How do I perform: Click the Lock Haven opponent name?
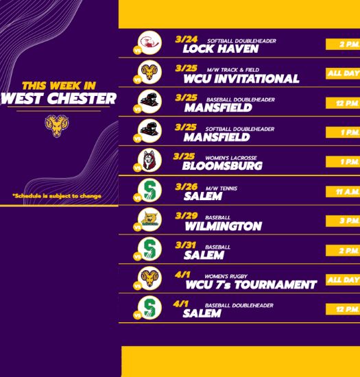221,49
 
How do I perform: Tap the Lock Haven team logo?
149,42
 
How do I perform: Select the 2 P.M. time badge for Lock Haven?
343,45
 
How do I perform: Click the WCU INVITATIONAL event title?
241,79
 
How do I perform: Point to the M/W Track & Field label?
233,70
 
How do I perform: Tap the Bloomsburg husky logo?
149,160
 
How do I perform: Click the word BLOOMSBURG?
222,166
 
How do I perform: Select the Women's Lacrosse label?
231,158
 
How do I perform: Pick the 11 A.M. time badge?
343,192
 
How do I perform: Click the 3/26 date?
187,187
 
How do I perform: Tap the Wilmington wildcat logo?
149,219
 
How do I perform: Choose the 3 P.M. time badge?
343,221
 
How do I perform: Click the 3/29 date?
187,216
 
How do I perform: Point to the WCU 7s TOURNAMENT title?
251,285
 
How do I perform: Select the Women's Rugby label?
226,276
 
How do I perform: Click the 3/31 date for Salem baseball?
185,245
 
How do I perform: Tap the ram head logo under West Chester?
57,126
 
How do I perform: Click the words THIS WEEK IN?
59,86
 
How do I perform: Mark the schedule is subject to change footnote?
57,196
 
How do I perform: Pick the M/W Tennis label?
221,188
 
